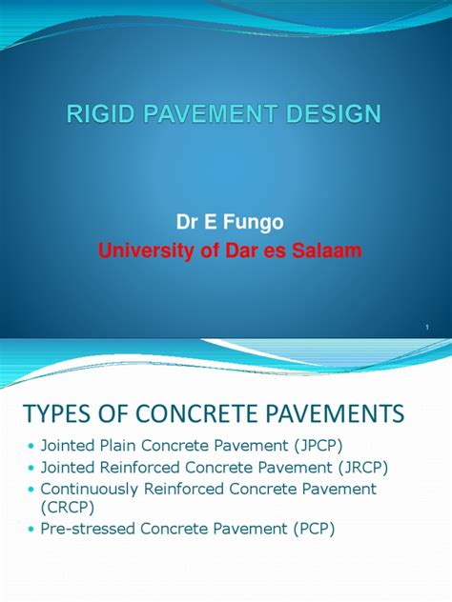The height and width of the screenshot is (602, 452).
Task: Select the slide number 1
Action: click(x=429, y=328)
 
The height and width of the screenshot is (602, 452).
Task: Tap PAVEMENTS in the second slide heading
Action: click(x=338, y=414)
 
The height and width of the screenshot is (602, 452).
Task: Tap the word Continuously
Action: click(x=92, y=489)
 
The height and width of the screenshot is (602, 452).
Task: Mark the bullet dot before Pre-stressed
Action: click(x=31, y=530)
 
